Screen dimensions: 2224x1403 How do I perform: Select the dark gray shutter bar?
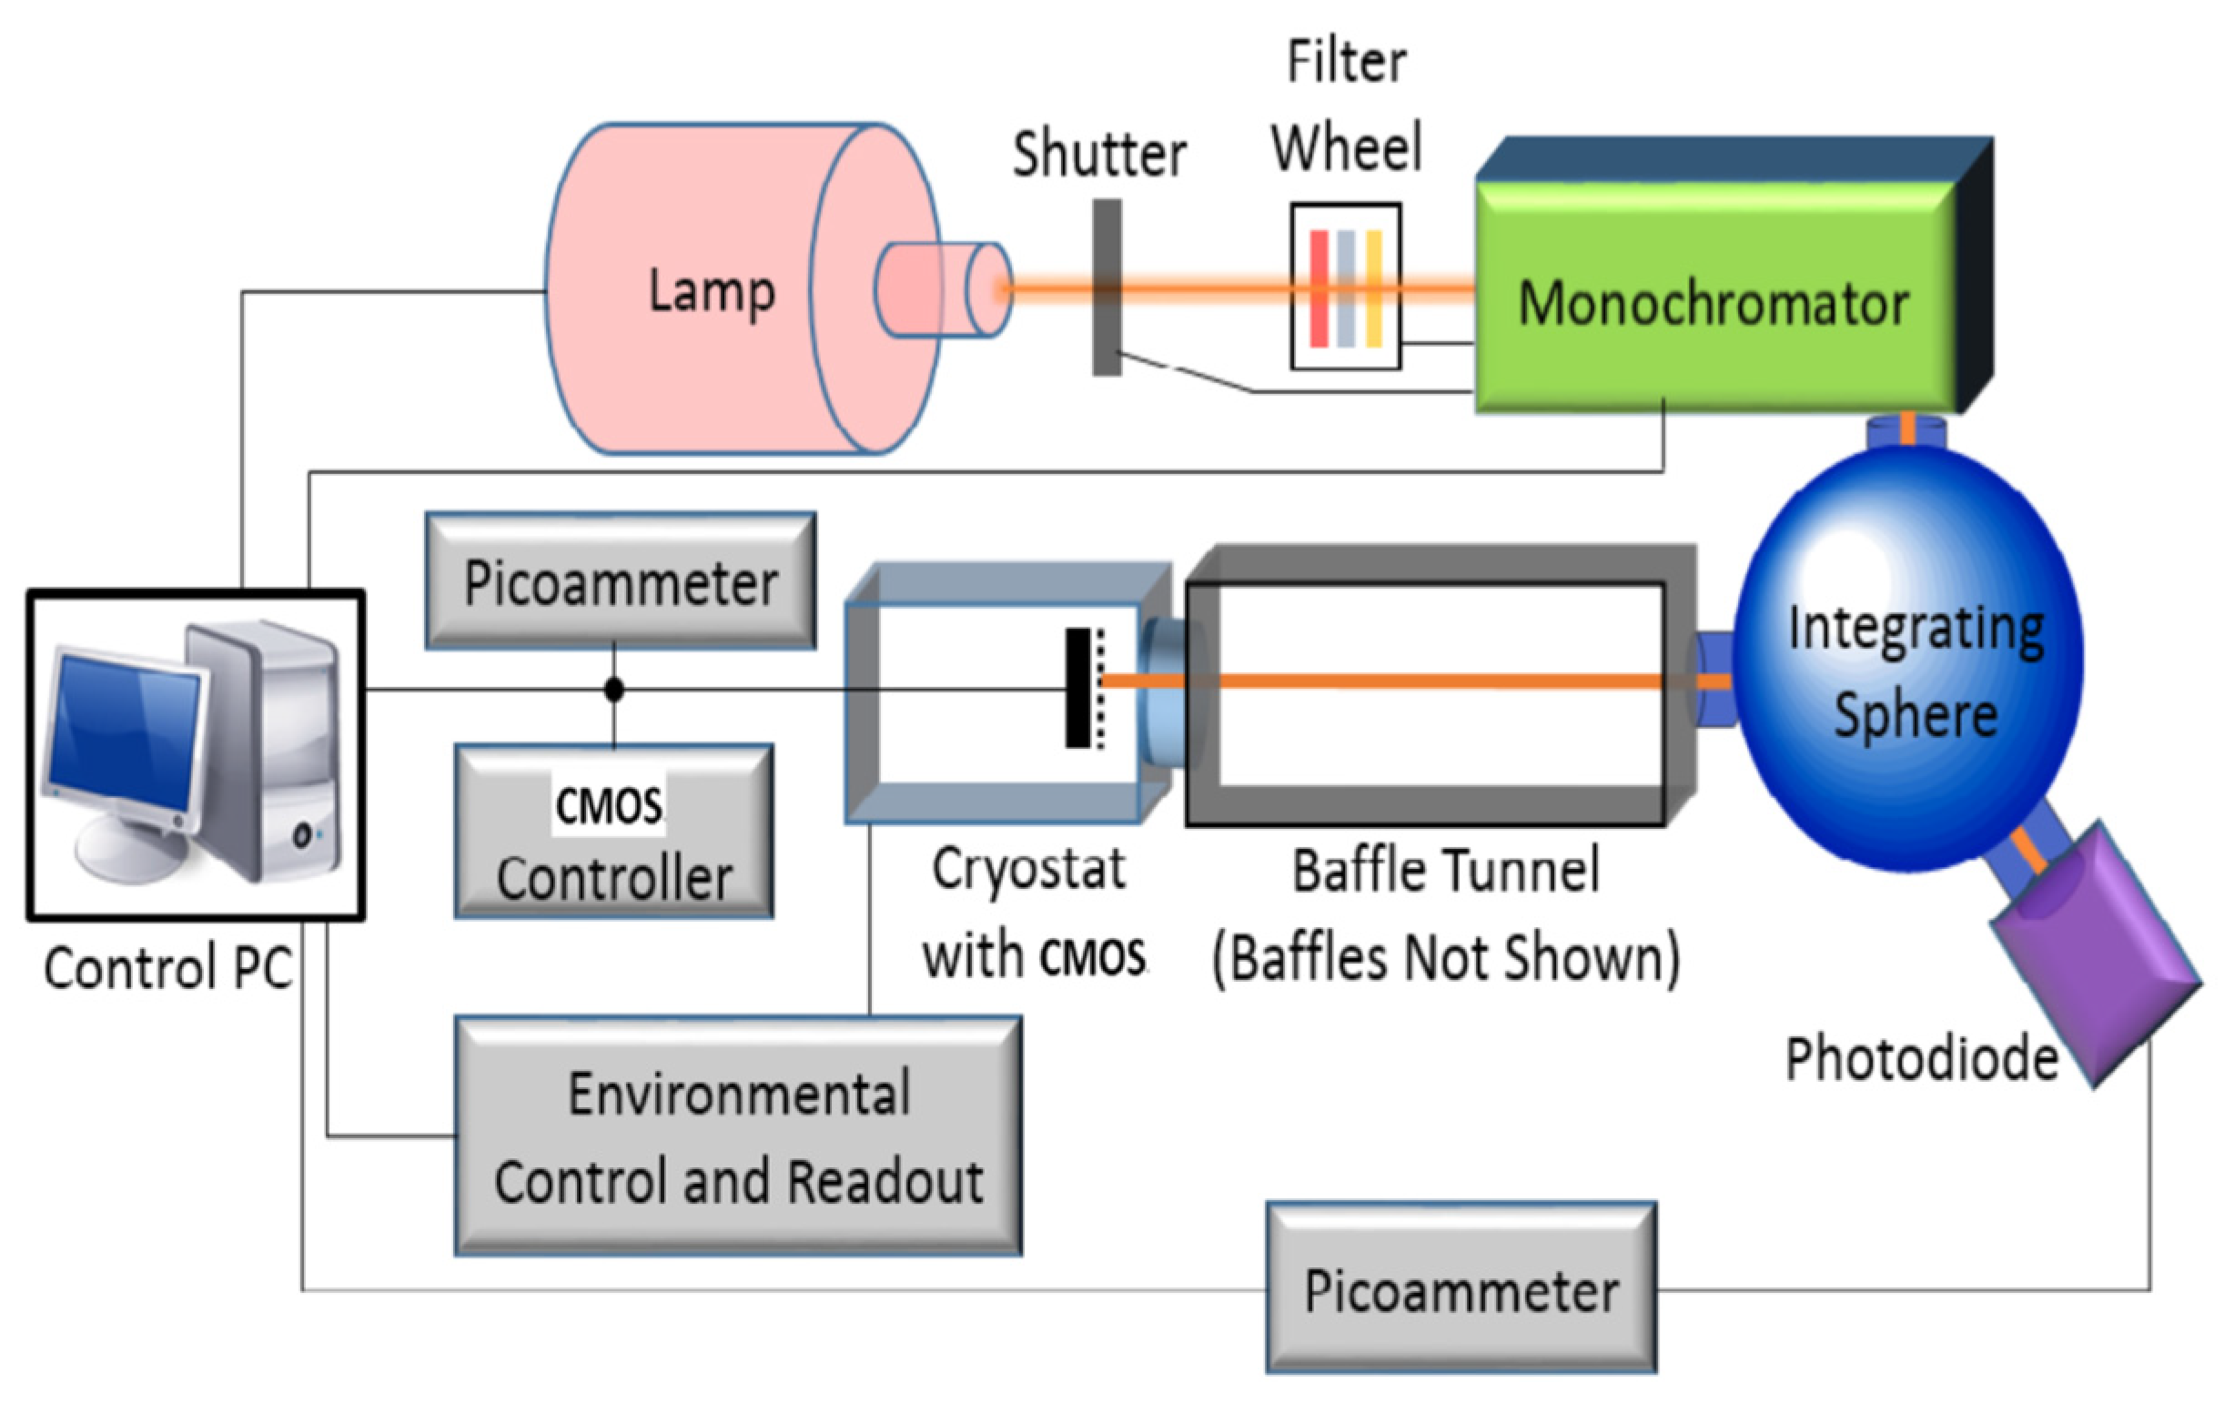pyautogui.click(x=1107, y=288)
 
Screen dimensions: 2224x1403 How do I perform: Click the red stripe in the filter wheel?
pyautogui.click(x=1319, y=289)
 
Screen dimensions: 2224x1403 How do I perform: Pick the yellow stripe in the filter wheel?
pyautogui.click(x=1374, y=289)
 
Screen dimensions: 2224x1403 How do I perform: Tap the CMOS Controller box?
pyautogui.click(x=614, y=833)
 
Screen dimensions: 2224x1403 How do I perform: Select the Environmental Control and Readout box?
pyautogui.click(x=739, y=1136)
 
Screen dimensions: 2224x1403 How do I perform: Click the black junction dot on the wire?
pyautogui.click(x=614, y=689)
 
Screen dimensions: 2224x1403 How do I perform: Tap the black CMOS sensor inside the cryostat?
pyautogui.click(x=1077, y=687)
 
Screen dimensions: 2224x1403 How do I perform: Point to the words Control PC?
pyautogui.click(x=168, y=968)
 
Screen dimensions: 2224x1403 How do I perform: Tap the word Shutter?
pyautogui.click(x=1100, y=155)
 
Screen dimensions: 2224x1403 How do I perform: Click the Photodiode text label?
pyautogui.click(x=1922, y=1058)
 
